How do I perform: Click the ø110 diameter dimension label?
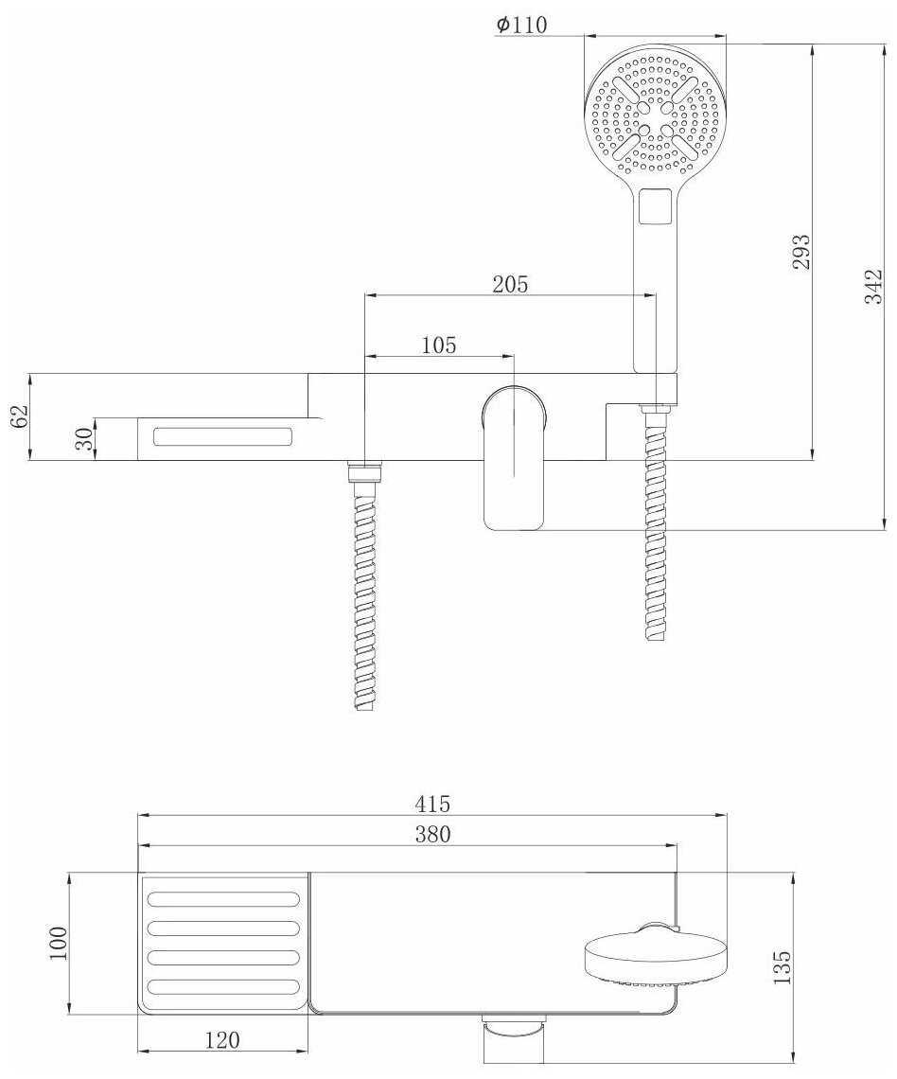coord(521,25)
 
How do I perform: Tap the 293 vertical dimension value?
coord(800,252)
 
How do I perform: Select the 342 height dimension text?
coord(872,286)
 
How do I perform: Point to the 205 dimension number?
coord(510,284)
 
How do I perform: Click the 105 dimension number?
coord(439,345)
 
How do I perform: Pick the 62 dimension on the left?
coord(20,416)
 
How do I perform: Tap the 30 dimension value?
coord(83,438)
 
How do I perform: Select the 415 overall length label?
coord(432,803)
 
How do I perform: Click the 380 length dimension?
coord(432,834)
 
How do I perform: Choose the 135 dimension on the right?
coord(783,967)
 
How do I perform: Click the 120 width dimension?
coord(222,1040)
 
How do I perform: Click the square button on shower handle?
coord(655,206)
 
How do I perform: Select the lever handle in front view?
coord(515,458)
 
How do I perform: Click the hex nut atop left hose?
coord(365,472)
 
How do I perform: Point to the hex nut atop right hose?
coord(656,409)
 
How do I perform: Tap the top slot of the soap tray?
coord(223,900)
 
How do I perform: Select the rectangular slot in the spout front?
coord(223,436)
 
